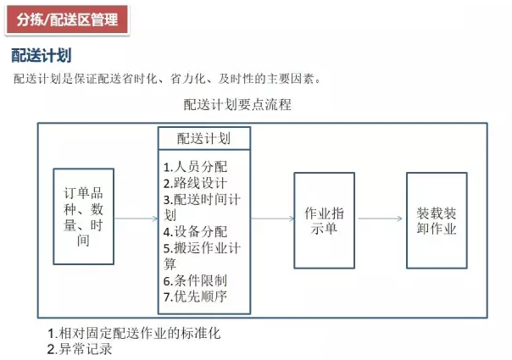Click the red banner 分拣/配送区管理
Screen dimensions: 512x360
pos(67,19)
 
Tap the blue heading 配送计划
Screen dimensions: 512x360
pos(42,55)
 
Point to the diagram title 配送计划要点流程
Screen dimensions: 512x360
pos(237,104)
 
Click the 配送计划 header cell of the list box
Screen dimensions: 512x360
pos(204,138)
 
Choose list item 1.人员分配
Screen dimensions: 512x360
pos(195,167)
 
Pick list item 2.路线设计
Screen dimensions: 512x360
pos(195,183)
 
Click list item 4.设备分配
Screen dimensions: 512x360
pos(195,232)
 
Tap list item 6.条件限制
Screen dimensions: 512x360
pos(195,280)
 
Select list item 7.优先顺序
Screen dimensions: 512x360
pos(195,296)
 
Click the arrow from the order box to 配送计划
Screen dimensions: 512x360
pos(136,219)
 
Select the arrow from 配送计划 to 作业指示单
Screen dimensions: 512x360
pos(272,219)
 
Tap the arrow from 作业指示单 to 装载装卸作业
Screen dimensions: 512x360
pos(381,219)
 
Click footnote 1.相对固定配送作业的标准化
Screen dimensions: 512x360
pos(134,333)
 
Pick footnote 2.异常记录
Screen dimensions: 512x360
pos(80,349)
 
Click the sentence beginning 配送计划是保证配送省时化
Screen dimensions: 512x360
pos(167,79)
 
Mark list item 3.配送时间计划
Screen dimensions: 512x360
pos(202,208)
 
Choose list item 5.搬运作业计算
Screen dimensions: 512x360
pos(202,256)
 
